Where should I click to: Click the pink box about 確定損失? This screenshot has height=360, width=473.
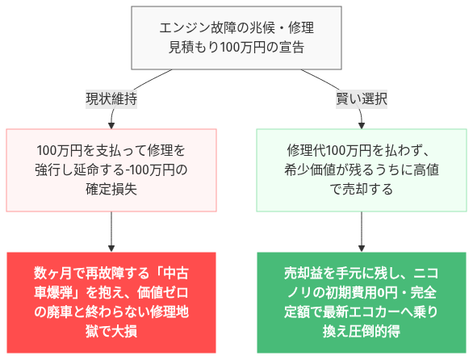[x=111, y=170]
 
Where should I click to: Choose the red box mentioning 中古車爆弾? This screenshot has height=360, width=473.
[x=111, y=302]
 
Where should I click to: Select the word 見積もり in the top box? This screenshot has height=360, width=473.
[x=185, y=48]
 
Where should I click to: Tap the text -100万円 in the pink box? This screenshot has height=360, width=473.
[x=148, y=170]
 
